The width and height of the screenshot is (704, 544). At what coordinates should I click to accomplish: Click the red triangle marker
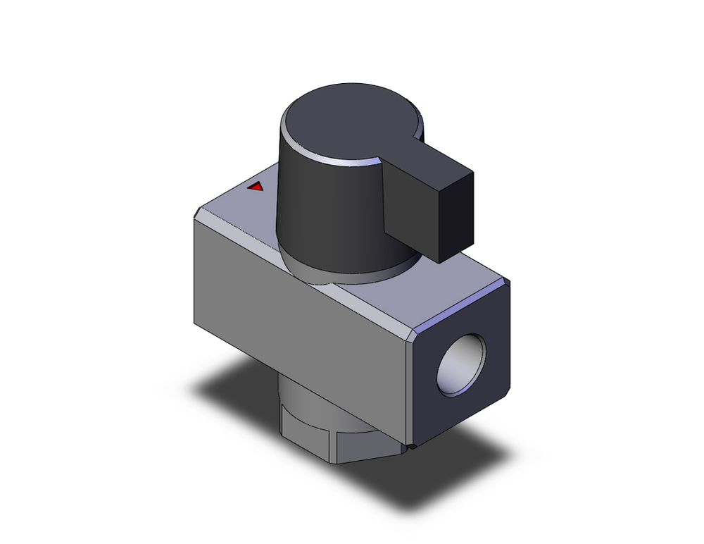[256, 187]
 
